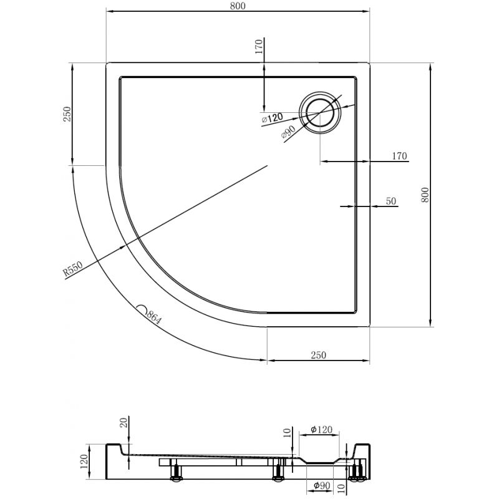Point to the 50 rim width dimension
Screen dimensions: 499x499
click(x=392, y=201)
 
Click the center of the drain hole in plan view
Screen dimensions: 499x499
click(x=321, y=113)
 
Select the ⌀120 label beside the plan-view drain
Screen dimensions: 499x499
click(x=272, y=117)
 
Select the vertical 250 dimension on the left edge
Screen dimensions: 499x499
click(x=68, y=114)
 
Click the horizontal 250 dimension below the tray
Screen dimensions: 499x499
click(x=319, y=355)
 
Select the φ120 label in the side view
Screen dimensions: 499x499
click(x=320, y=430)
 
